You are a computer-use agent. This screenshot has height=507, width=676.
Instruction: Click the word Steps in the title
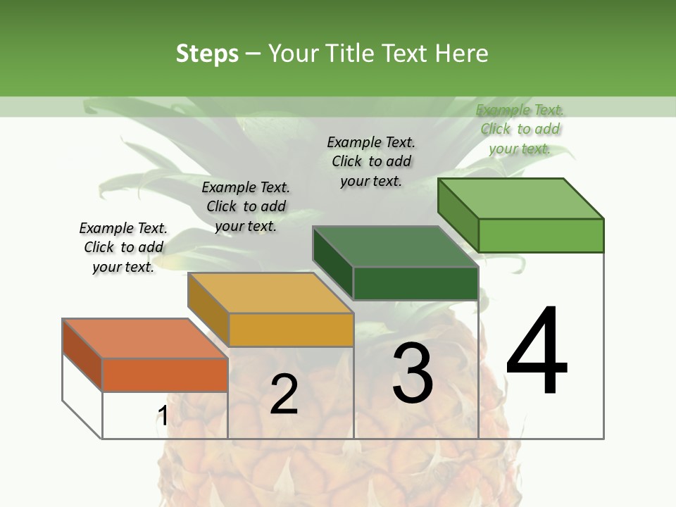pos(207,54)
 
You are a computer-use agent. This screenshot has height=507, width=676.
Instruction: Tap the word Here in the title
pos(461,54)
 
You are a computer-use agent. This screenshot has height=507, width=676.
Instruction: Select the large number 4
pos(537,352)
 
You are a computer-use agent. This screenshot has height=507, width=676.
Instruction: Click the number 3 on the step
pos(413,373)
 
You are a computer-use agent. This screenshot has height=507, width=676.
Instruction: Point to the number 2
pos(284,394)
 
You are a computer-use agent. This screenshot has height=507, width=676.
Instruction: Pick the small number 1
pos(163,416)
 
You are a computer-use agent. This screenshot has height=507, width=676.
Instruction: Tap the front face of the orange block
pos(165,375)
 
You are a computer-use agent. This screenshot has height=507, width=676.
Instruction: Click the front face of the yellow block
pos(291,330)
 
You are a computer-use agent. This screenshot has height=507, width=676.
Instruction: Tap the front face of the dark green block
pos(415,284)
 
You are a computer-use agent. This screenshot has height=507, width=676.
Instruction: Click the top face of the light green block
pos(521,199)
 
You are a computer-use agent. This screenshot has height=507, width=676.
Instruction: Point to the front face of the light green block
pos(541,235)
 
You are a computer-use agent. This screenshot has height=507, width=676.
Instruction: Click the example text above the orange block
pos(123,247)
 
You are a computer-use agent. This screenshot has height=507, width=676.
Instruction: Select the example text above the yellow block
pos(246,206)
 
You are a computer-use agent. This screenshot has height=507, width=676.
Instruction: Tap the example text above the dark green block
pos(371,161)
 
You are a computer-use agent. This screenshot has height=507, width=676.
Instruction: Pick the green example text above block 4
pos(520,129)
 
